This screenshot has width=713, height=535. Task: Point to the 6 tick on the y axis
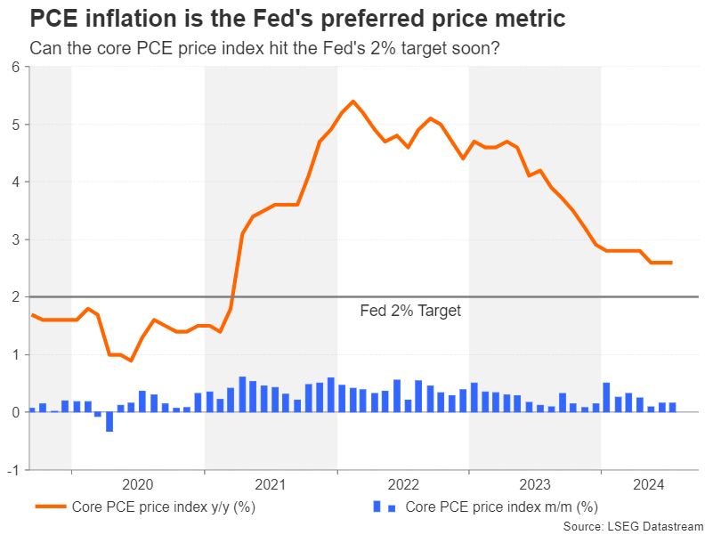click(x=15, y=67)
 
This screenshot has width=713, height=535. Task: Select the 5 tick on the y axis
click(x=15, y=125)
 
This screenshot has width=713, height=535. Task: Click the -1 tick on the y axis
click(x=13, y=470)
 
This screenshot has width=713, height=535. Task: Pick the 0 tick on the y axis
click(x=15, y=412)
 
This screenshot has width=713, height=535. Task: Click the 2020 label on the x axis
click(x=138, y=484)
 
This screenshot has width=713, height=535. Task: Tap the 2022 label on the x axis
click(x=403, y=484)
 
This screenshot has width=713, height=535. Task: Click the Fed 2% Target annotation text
click(x=410, y=312)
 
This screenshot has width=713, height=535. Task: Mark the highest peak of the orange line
click(x=353, y=101)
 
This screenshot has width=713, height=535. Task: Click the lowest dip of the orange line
click(x=131, y=361)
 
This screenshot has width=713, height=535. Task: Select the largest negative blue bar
click(x=109, y=422)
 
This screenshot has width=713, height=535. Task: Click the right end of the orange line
click(x=671, y=263)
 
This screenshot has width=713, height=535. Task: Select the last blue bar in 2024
click(x=673, y=408)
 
